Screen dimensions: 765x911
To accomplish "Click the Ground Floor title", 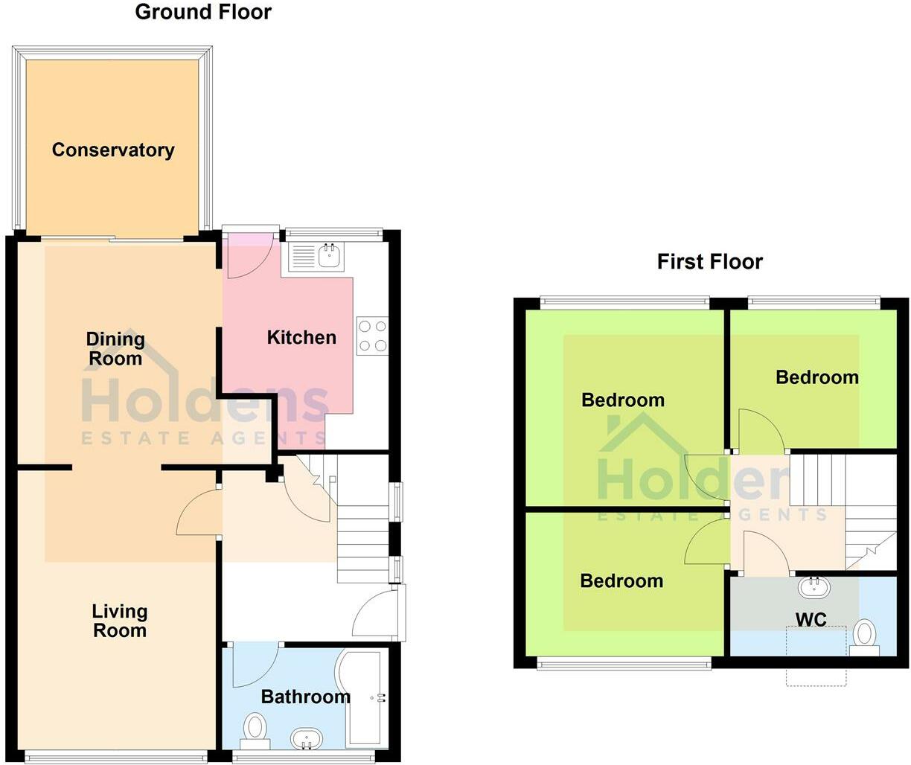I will [x=203, y=12].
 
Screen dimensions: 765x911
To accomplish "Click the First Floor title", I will [x=709, y=262].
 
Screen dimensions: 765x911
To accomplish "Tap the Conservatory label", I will [x=113, y=150].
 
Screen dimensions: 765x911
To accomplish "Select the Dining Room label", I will [x=115, y=349].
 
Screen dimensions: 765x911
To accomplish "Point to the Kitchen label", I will [x=301, y=337].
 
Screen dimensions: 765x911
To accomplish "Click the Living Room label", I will [x=119, y=621].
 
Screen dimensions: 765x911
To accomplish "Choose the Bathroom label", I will [x=305, y=697].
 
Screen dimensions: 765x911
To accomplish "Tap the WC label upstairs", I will [x=811, y=619].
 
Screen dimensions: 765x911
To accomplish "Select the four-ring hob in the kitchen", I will [x=372, y=336].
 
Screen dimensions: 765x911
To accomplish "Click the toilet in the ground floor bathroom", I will [x=255, y=729].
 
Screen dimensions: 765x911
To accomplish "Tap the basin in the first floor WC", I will [x=815, y=586].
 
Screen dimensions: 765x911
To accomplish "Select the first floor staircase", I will [x=848, y=513].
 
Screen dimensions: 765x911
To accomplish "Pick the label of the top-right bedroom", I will [x=816, y=377].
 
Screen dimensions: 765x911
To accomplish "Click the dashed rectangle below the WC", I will [x=816, y=656].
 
